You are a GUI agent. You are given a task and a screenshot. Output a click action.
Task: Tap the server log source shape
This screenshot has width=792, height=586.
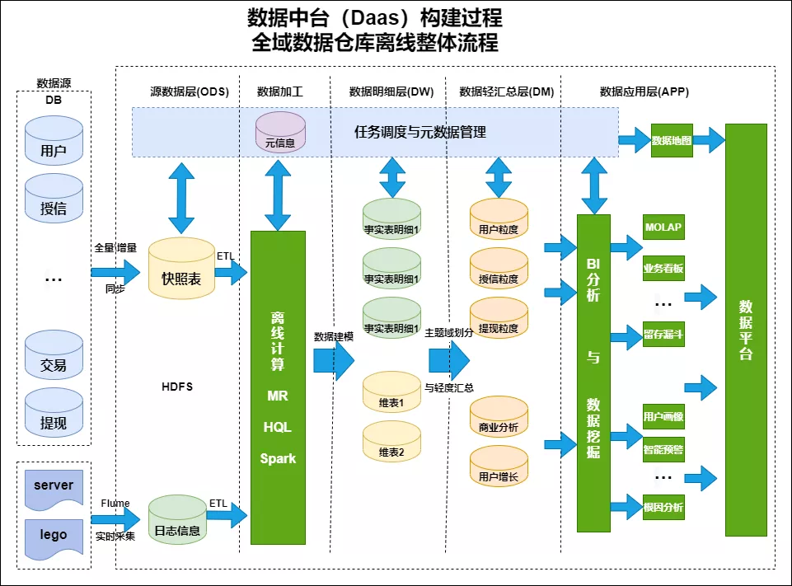pyautogui.click(x=54, y=485)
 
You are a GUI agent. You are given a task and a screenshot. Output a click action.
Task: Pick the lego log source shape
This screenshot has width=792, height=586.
pyautogui.click(x=54, y=535)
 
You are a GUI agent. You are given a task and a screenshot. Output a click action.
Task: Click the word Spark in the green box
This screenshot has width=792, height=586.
pyautogui.click(x=278, y=458)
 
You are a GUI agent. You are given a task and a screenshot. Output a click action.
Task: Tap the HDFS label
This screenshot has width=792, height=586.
pyautogui.click(x=177, y=387)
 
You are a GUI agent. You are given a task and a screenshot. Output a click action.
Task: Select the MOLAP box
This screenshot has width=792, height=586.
pyautogui.click(x=663, y=227)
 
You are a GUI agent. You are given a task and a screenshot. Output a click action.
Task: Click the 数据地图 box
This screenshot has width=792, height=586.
pyautogui.click(x=672, y=141)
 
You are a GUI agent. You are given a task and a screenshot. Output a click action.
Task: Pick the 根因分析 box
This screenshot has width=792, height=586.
pyautogui.click(x=663, y=507)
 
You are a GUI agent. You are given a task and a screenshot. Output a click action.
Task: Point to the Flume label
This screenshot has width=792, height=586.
pyautogui.click(x=115, y=504)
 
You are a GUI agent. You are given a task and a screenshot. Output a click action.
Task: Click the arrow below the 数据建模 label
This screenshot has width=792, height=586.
pyautogui.click(x=333, y=360)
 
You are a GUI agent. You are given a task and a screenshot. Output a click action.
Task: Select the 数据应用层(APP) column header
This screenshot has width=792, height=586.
pyautogui.click(x=644, y=91)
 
